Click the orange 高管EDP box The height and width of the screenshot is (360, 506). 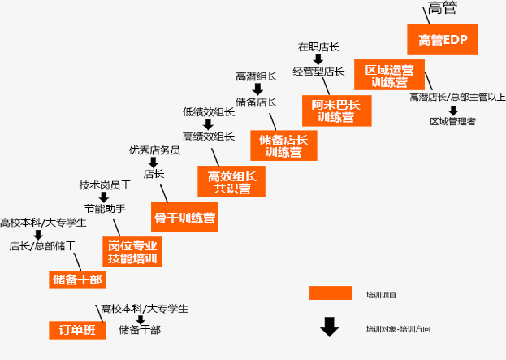[443, 39]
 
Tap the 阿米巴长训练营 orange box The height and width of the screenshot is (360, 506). [335, 111]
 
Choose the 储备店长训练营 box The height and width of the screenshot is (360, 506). [283, 145]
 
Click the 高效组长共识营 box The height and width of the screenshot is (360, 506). [232, 182]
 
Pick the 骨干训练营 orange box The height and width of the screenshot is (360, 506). [185, 218]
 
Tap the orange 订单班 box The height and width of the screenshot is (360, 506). [77, 329]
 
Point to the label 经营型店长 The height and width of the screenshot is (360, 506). [318, 72]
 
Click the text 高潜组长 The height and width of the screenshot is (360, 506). [257, 76]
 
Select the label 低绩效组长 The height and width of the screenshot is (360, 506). [209, 112]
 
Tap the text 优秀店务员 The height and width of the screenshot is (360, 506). [154, 150]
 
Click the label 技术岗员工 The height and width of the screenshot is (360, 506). [105, 185]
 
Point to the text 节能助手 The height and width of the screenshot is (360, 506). [105, 209]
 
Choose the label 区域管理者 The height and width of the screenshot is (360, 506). [452, 121]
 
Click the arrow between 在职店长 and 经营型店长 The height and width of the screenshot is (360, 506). [318, 59]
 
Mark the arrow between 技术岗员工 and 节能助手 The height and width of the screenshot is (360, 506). [104, 197]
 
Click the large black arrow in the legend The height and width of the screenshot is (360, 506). [329, 327]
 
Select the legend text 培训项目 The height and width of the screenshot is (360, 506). [381, 294]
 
